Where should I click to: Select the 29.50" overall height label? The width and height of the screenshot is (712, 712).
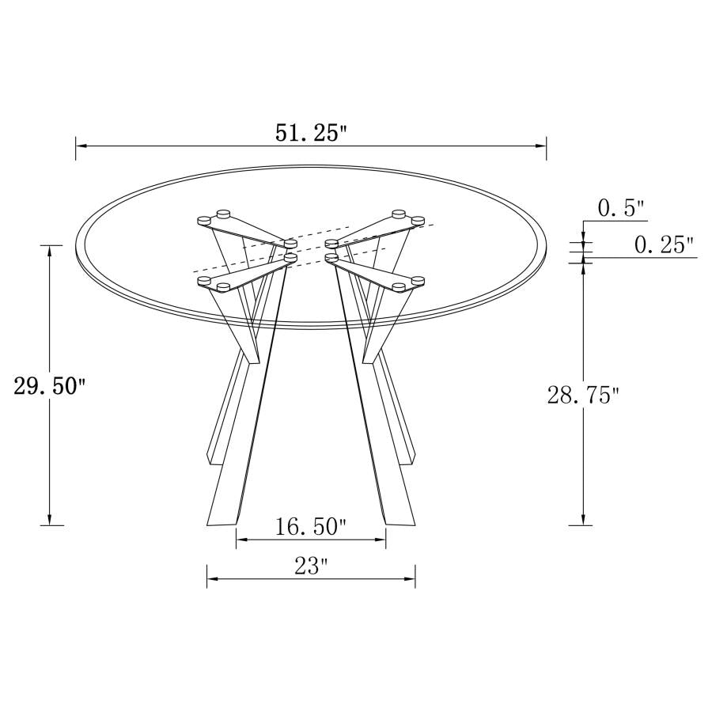pos(50,387)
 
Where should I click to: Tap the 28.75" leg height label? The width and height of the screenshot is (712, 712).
pos(583,394)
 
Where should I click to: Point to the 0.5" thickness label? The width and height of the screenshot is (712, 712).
pos(621,209)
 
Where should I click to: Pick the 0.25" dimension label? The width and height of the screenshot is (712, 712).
pos(665,245)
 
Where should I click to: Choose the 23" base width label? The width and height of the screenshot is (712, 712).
pos(311,566)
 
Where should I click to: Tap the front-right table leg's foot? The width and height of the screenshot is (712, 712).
pos(401,518)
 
